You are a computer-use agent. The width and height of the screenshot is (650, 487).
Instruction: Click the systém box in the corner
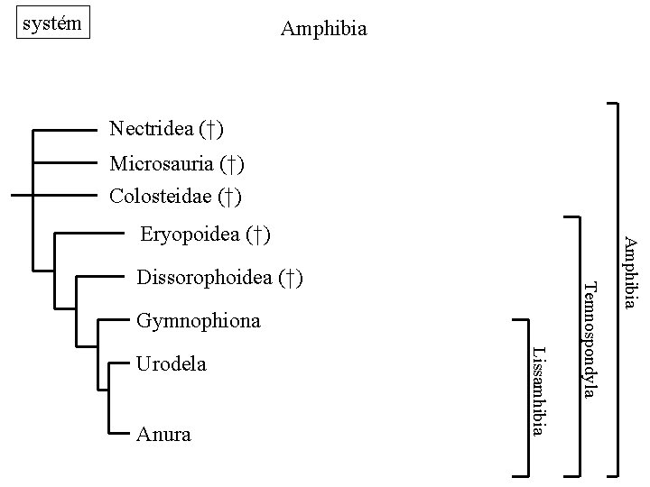[54, 22]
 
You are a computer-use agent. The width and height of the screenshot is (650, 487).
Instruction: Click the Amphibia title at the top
[323, 29]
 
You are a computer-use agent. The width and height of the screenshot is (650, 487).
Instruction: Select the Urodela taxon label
[171, 364]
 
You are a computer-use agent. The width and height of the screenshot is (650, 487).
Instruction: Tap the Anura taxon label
[162, 435]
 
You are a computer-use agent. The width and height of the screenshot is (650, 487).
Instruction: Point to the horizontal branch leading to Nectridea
[65, 130]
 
